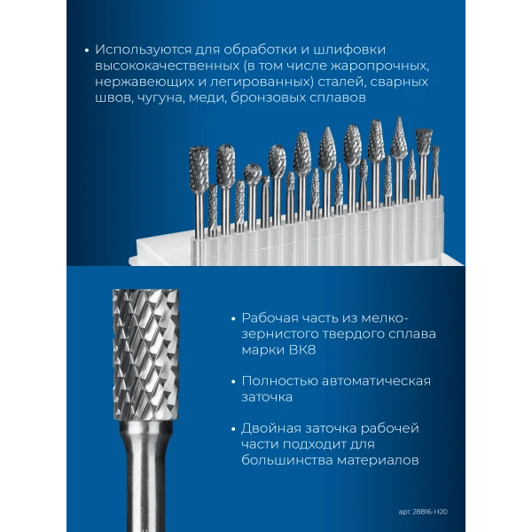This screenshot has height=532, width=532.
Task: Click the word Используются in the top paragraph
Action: tap(143, 50)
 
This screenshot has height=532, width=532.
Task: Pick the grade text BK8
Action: tap(302, 350)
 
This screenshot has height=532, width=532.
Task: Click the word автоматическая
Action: tap(376, 381)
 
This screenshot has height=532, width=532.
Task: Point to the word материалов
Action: tap(378, 460)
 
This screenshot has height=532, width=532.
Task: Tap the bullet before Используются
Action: tap(87, 51)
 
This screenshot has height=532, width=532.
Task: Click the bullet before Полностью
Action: tap(233, 381)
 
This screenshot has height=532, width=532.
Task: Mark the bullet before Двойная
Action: tap(233, 429)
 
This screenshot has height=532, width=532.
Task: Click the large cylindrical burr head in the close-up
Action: tap(146, 356)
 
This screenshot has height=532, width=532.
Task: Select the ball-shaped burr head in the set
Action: tap(253, 174)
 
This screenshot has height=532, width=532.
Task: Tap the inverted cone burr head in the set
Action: tap(424, 141)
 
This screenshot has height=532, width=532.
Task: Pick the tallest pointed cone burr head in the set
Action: tap(399, 137)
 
